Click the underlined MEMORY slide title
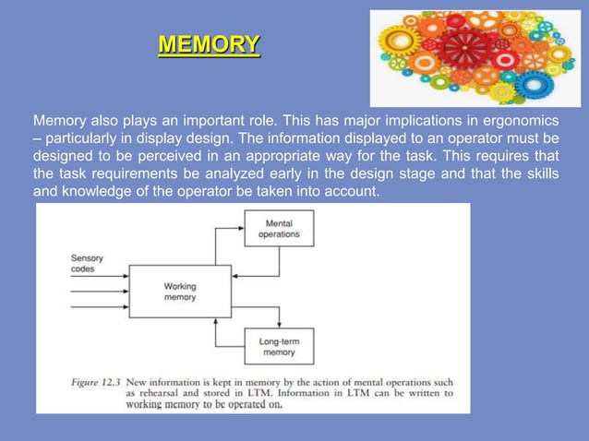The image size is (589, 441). click(x=209, y=44)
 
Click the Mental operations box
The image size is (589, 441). click(x=279, y=229)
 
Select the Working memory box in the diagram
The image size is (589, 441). click(x=180, y=292)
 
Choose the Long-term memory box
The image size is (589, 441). click(x=279, y=346)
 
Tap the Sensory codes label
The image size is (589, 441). click(x=88, y=264)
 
